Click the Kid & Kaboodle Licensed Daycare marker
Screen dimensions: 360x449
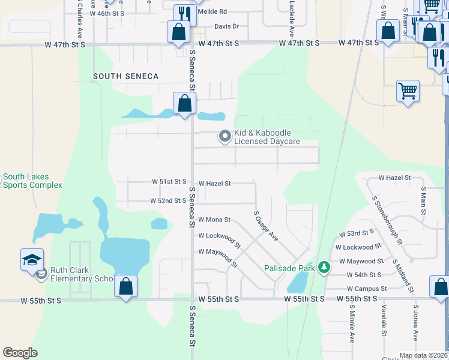225,137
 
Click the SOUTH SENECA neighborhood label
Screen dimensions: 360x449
126,76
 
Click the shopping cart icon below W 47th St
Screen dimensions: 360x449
408,91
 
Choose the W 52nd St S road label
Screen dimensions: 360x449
167,200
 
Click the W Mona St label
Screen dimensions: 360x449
214,220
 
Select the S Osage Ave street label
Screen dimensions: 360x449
266,226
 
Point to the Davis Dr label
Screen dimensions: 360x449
226,26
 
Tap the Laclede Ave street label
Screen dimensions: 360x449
291,18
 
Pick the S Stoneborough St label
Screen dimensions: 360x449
388,220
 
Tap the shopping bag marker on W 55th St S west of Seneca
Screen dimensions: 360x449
125,286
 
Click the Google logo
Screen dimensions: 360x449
20,353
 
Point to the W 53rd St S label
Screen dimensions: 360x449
357,233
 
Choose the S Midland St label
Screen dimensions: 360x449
403,276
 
